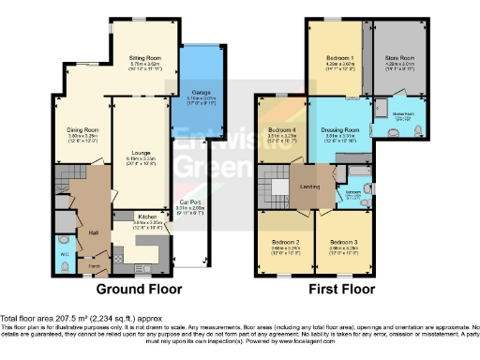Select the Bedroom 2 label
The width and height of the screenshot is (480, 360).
[x=285, y=242]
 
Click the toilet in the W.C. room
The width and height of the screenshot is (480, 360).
[x=64, y=265]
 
